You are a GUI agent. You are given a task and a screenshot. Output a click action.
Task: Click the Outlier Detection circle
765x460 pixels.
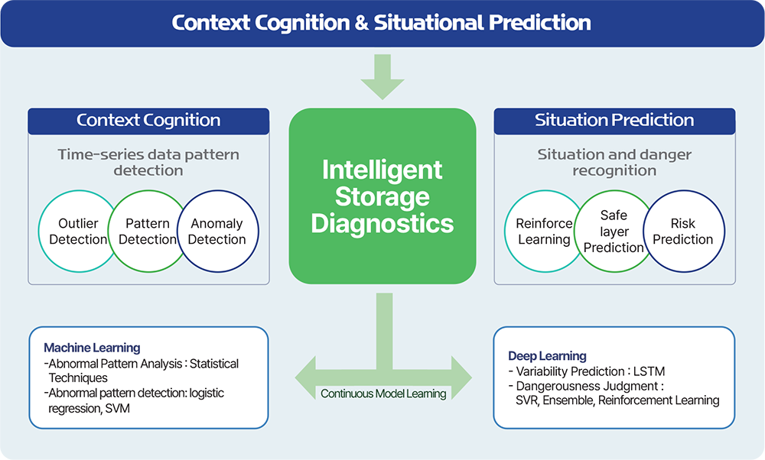click(x=78, y=231)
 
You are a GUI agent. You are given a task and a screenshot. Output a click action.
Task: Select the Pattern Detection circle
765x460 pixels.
click(x=148, y=231)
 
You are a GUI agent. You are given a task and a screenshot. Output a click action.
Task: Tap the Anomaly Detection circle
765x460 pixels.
click(x=217, y=231)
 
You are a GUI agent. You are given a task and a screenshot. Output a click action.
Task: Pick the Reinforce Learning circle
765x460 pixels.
click(x=545, y=231)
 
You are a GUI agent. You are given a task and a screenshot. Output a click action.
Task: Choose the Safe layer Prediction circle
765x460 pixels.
click(x=614, y=231)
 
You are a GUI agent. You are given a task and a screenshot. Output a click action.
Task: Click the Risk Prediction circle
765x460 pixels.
click(x=683, y=231)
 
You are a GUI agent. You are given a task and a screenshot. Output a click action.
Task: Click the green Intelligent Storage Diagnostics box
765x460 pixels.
click(x=382, y=196)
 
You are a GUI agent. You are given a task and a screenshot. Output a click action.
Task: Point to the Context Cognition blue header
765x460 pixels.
click(x=148, y=121)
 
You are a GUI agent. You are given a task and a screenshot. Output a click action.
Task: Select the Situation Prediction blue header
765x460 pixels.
click(x=614, y=121)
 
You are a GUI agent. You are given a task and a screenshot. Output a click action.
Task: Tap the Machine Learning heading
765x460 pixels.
click(x=92, y=348)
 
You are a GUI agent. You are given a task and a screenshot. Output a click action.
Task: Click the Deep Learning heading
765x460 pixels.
click(x=547, y=356)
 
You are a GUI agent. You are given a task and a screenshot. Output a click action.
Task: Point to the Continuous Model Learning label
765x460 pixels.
click(x=383, y=394)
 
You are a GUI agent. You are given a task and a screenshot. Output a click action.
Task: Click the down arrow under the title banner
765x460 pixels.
click(x=382, y=76)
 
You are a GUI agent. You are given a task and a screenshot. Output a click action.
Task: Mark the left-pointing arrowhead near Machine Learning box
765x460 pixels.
click(x=306, y=377)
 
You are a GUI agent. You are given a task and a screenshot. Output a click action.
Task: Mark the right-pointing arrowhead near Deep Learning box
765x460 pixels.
click(x=461, y=377)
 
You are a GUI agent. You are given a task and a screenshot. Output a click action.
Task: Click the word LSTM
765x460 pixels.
click(x=649, y=371)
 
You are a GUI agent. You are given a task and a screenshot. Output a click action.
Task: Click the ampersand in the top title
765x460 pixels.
click(x=362, y=23)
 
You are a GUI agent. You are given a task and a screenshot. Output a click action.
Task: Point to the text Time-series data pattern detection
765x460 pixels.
click(x=148, y=162)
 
